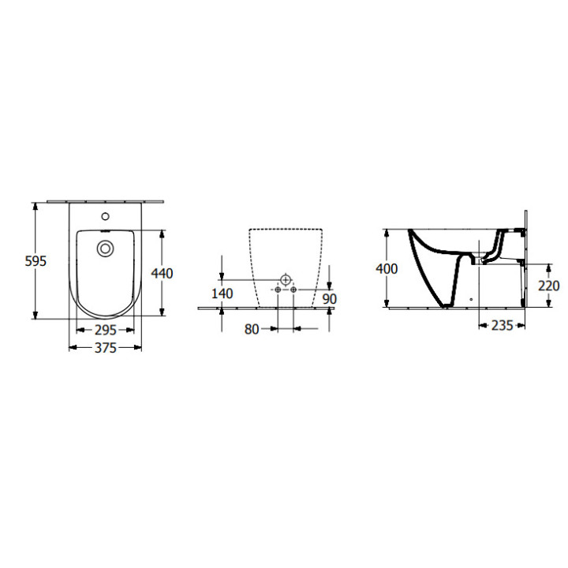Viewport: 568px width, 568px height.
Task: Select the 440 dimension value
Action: [x=162, y=273]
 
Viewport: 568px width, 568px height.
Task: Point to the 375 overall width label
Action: [x=106, y=348]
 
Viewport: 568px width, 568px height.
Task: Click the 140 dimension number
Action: [x=223, y=293]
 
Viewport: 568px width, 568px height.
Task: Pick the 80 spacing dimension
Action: [x=252, y=329]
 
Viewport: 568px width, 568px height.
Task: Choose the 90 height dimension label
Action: [x=330, y=300]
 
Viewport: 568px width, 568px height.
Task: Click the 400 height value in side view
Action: [x=387, y=269]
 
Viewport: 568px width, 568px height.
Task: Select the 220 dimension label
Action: [x=548, y=286]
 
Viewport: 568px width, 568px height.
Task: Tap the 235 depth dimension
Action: [x=501, y=324]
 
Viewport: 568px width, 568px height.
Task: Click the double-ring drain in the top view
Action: [x=104, y=248]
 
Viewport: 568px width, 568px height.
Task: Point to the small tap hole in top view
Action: [x=105, y=215]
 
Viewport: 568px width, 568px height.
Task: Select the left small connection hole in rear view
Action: [x=277, y=291]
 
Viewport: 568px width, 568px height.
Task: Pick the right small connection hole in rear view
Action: [x=294, y=291]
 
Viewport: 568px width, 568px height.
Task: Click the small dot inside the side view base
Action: [x=469, y=300]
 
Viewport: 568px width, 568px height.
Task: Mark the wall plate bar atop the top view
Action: [x=105, y=201]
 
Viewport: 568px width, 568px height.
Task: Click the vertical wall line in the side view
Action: [x=524, y=260]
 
